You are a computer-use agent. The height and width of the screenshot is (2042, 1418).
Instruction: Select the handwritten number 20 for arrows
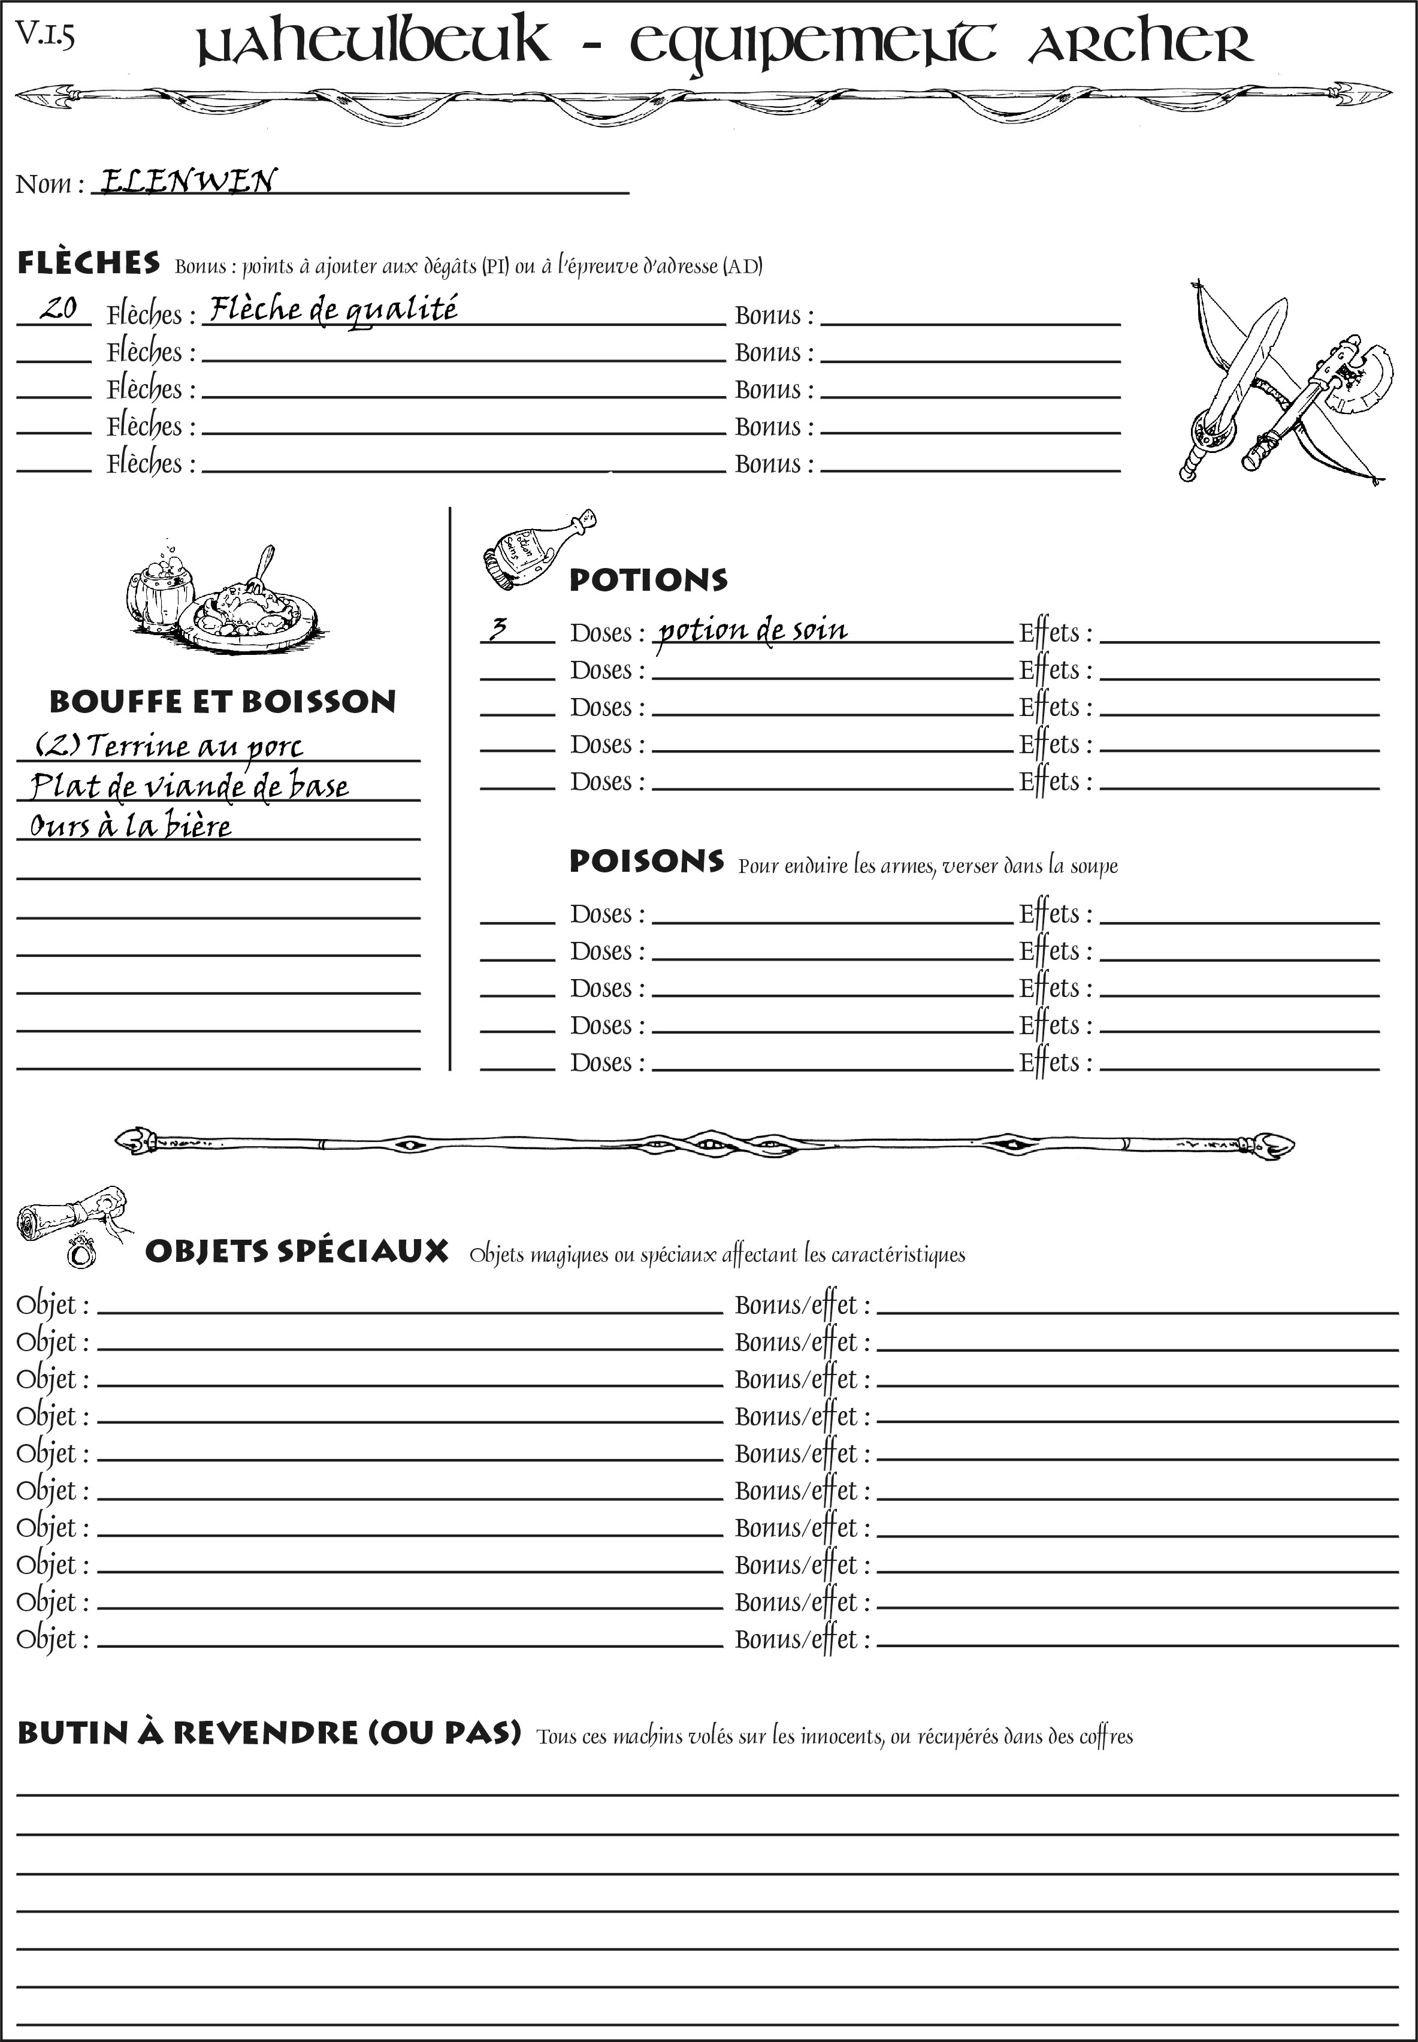click(x=58, y=309)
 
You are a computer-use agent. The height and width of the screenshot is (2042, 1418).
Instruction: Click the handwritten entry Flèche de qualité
click(x=332, y=309)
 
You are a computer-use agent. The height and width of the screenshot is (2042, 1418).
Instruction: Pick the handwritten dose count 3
click(x=498, y=629)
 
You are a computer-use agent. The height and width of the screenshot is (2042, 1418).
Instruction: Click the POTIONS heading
click(x=648, y=580)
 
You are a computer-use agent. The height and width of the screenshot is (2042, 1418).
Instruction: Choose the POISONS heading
click(x=646, y=861)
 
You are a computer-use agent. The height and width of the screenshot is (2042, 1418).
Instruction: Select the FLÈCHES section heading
click(x=89, y=263)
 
